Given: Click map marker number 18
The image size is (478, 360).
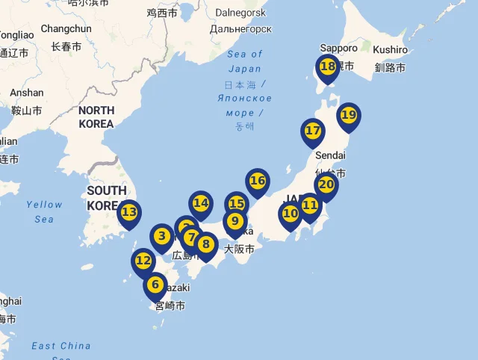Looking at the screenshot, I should point(327,67).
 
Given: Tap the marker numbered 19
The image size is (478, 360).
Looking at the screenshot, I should point(348,116).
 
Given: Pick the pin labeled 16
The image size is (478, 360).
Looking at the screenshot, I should point(257,181).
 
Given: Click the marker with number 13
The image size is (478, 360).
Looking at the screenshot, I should point(129,213).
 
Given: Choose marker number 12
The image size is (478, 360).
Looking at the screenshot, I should point(143,261).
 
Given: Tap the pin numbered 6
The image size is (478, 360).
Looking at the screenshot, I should point(155,285).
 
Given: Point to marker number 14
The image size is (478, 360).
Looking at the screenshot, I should point(200,203).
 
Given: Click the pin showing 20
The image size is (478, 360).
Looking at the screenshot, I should point(326,185).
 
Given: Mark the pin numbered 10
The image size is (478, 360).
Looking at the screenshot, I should point(290,214).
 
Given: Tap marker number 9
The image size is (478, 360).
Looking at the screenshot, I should point(235,221).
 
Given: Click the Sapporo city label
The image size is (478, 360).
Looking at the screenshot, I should point(338,48).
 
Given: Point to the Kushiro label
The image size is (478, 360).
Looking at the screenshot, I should point(390,49).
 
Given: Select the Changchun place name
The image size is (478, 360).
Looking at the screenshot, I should point(66,28).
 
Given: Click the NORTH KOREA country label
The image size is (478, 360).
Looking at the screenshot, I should point(96,117).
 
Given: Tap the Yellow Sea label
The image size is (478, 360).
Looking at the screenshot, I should point(44,211).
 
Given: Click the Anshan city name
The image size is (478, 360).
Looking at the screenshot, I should point(27,93).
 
